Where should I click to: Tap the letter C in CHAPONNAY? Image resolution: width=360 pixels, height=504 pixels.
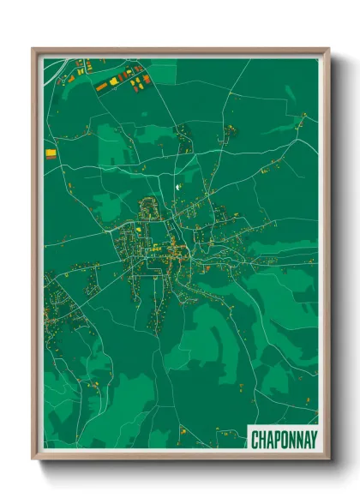(255, 440)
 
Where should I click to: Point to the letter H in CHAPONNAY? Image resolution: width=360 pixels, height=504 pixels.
(261, 440)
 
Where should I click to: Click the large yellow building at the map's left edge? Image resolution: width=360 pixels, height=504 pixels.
(51, 153)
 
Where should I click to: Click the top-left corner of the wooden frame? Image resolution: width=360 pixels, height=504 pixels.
(33, 49)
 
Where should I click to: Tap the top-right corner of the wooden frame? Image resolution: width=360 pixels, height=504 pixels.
(328, 49)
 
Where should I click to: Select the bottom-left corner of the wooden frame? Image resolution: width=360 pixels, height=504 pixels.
(33, 459)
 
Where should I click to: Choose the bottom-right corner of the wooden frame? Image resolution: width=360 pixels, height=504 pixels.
(328, 459)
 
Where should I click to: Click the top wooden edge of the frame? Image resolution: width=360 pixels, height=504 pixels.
(180, 51)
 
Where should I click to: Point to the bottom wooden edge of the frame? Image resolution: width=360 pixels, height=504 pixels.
(180, 457)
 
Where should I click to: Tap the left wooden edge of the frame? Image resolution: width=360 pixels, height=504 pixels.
(35, 257)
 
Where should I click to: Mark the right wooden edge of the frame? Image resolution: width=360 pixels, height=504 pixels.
(326, 257)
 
